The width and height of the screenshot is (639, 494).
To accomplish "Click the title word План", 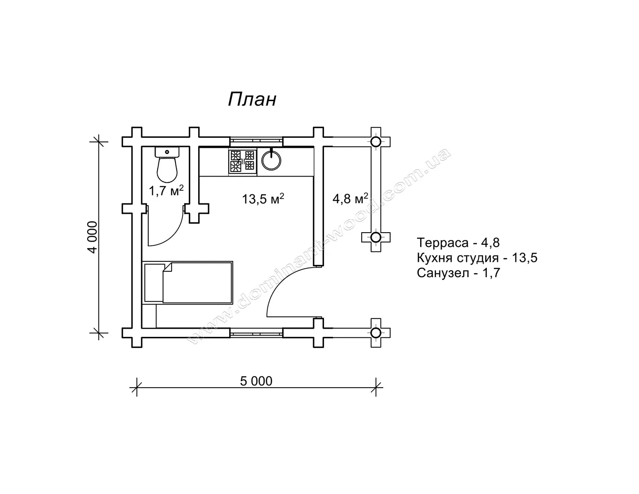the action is point(252,99).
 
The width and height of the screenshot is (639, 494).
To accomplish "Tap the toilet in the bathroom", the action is point(167,164).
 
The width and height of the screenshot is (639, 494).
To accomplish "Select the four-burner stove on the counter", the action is point(243,162).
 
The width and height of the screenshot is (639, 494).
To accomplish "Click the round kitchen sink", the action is point(271,160).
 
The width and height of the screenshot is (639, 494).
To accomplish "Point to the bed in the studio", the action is point(188,283).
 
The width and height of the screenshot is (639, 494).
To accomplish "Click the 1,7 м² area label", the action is point(166,191).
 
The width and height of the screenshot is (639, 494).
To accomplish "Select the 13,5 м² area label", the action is point(263,199).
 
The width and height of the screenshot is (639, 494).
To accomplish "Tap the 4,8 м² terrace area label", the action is point(350,198).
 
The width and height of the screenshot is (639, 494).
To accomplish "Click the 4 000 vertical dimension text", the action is point(93,237).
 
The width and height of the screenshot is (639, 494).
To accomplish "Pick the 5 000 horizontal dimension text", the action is point(256,381).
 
